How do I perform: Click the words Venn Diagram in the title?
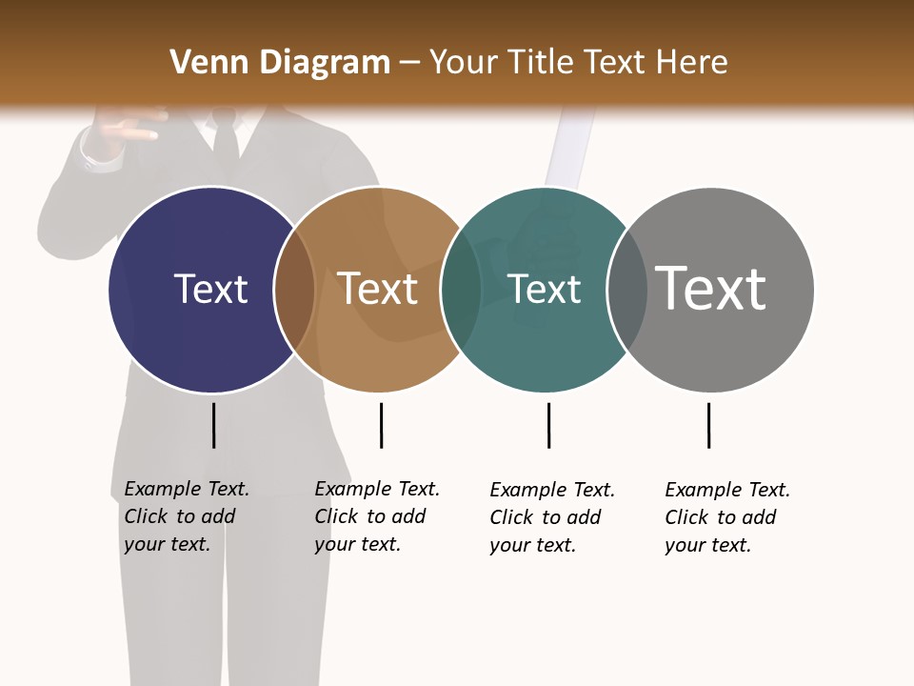(x=280, y=63)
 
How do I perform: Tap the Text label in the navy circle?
(x=210, y=289)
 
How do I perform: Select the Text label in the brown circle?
(x=378, y=289)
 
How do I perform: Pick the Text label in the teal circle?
(x=544, y=289)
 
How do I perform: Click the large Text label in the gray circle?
(x=710, y=288)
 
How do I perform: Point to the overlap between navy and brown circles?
(x=294, y=290)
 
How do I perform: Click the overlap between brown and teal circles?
(x=461, y=290)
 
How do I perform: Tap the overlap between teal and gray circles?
(x=627, y=290)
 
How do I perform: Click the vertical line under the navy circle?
(x=214, y=425)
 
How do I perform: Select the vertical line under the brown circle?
(x=381, y=425)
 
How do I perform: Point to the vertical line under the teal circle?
(x=548, y=425)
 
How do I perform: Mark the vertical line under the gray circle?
(x=708, y=425)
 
